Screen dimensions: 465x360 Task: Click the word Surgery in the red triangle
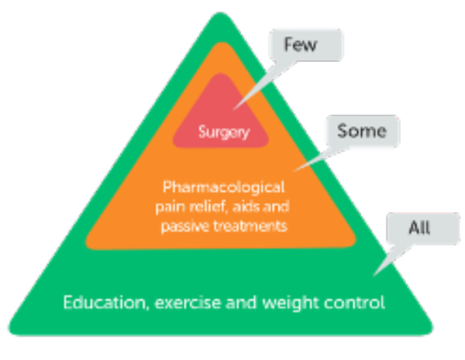point(224,132)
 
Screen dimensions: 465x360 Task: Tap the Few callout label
point(301,44)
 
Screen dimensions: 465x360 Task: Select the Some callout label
point(362,131)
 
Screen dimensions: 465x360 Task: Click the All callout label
point(419,228)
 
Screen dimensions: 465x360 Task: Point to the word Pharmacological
point(224,188)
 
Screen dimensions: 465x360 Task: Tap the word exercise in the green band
point(188,303)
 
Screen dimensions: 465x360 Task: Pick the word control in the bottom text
point(354,303)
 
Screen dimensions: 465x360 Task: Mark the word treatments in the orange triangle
point(250,226)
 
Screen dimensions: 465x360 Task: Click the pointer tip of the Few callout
point(234,110)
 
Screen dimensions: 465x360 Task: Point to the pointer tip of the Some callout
point(294,171)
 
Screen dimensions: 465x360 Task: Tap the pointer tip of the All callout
point(374,276)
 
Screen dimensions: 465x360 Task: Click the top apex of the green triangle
point(220,12)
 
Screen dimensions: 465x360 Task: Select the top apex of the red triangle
point(220,74)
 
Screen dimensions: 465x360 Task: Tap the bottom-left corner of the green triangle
point(10,331)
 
